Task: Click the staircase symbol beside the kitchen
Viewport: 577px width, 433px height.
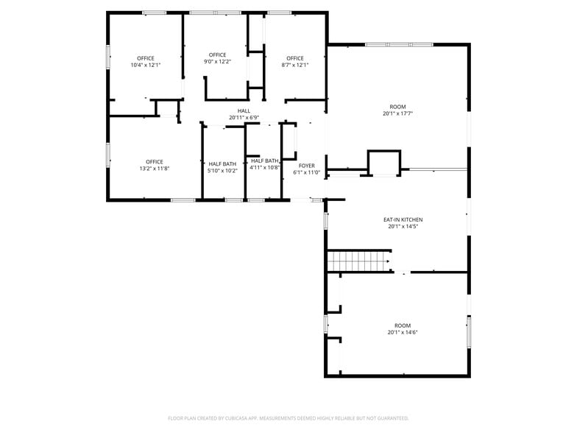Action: point(358,261)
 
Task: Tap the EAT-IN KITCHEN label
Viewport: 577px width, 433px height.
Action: point(403,219)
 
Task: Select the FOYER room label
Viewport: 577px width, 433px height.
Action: point(307,166)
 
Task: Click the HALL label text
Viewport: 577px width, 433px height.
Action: point(244,110)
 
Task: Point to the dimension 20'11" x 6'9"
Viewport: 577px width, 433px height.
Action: point(244,117)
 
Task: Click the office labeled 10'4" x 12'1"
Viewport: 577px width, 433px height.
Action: point(145,61)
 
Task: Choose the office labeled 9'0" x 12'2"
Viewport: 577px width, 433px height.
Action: point(217,57)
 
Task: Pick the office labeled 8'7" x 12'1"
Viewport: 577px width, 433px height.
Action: point(295,61)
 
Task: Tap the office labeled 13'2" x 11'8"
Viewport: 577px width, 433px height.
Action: point(154,165)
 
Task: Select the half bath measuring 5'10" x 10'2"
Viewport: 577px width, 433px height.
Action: point(222,167)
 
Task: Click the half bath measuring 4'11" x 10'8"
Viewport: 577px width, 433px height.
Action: point(264,163)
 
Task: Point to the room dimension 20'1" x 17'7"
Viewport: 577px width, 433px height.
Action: point(397,113)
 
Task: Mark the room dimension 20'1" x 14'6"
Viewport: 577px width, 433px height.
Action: point(403,332)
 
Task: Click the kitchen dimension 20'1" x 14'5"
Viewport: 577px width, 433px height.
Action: point(403,226)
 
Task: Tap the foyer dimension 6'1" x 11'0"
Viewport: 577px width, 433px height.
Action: point(307,172)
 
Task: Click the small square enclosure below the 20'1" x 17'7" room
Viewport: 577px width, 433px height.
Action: point(384,162)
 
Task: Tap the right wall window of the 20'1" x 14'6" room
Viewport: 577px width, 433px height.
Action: point(469,331)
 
